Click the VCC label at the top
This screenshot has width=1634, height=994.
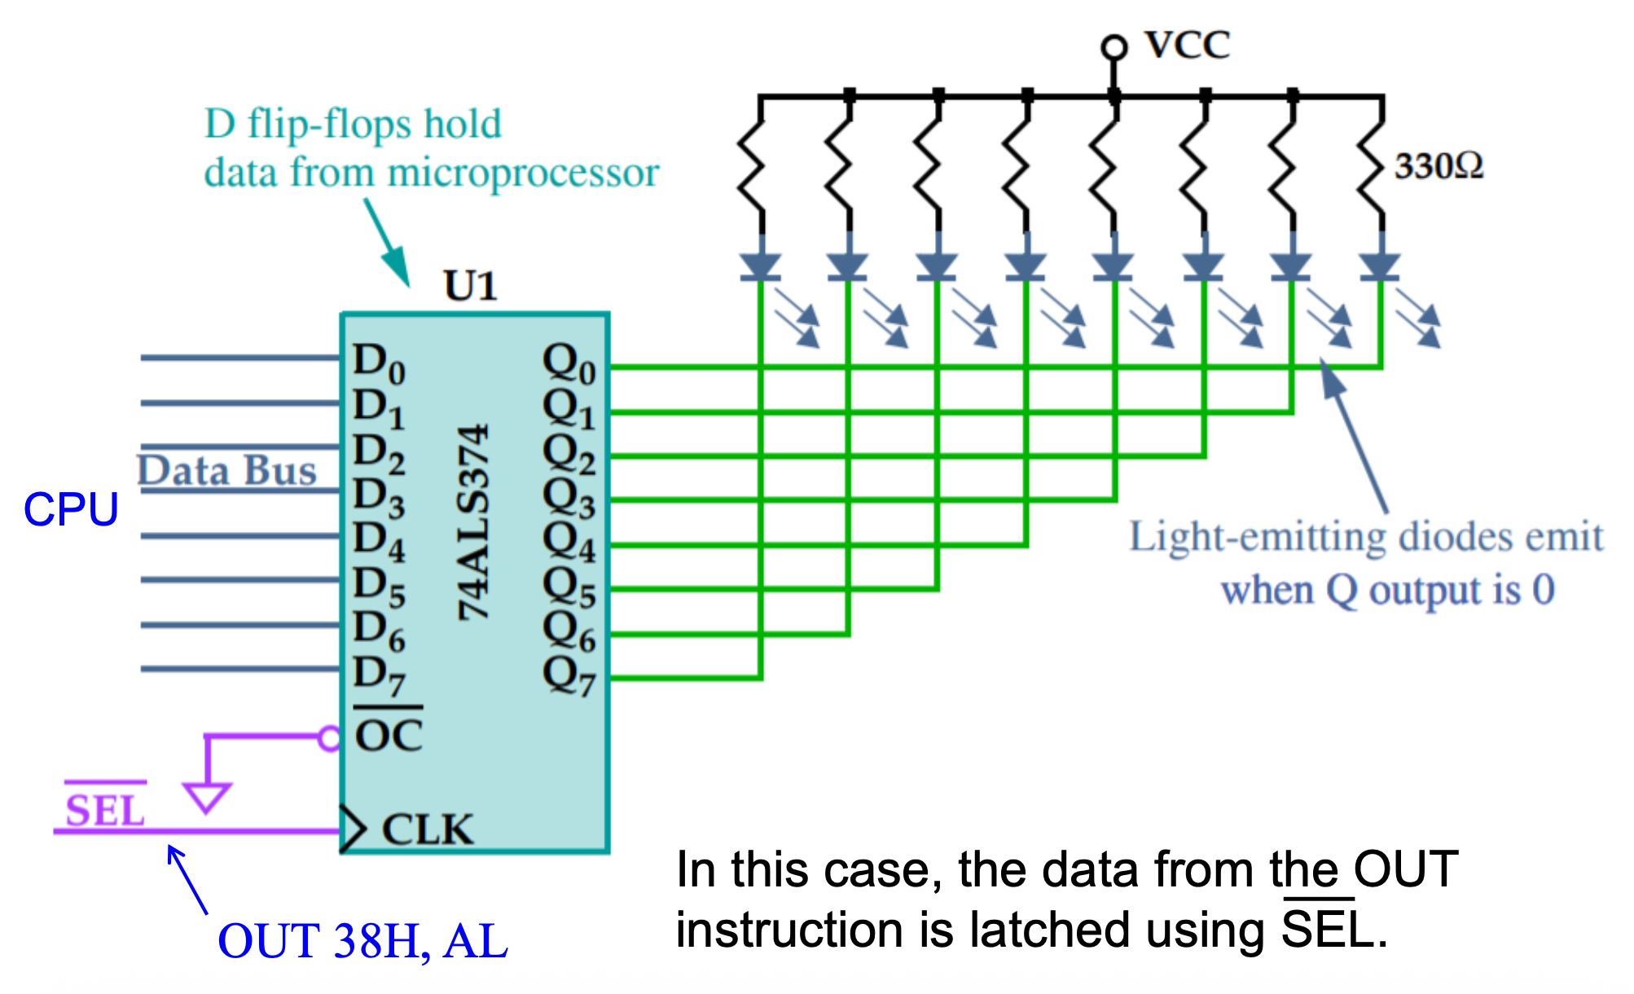tap(1187, 45)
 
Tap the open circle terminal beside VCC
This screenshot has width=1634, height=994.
tap(1113, 47)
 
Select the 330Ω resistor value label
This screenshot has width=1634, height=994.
tap(1439, 166)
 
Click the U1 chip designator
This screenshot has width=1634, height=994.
tap(470, 286)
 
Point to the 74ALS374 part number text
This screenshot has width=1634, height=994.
tap(473, 522)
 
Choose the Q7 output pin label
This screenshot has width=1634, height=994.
tap(569, 675)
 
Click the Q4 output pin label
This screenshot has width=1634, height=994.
tap(569, 541)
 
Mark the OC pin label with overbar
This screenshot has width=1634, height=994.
tap(389, 735)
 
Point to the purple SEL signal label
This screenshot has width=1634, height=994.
tap(105, 810)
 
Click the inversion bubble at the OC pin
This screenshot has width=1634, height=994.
tap(329, 738)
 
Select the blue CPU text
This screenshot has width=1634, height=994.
tap(71, 510)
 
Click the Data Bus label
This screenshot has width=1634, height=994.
tap(226, 471)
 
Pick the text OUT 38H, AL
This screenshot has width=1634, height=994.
tap(362, 941)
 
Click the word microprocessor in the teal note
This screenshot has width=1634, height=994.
tap(523, 173)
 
